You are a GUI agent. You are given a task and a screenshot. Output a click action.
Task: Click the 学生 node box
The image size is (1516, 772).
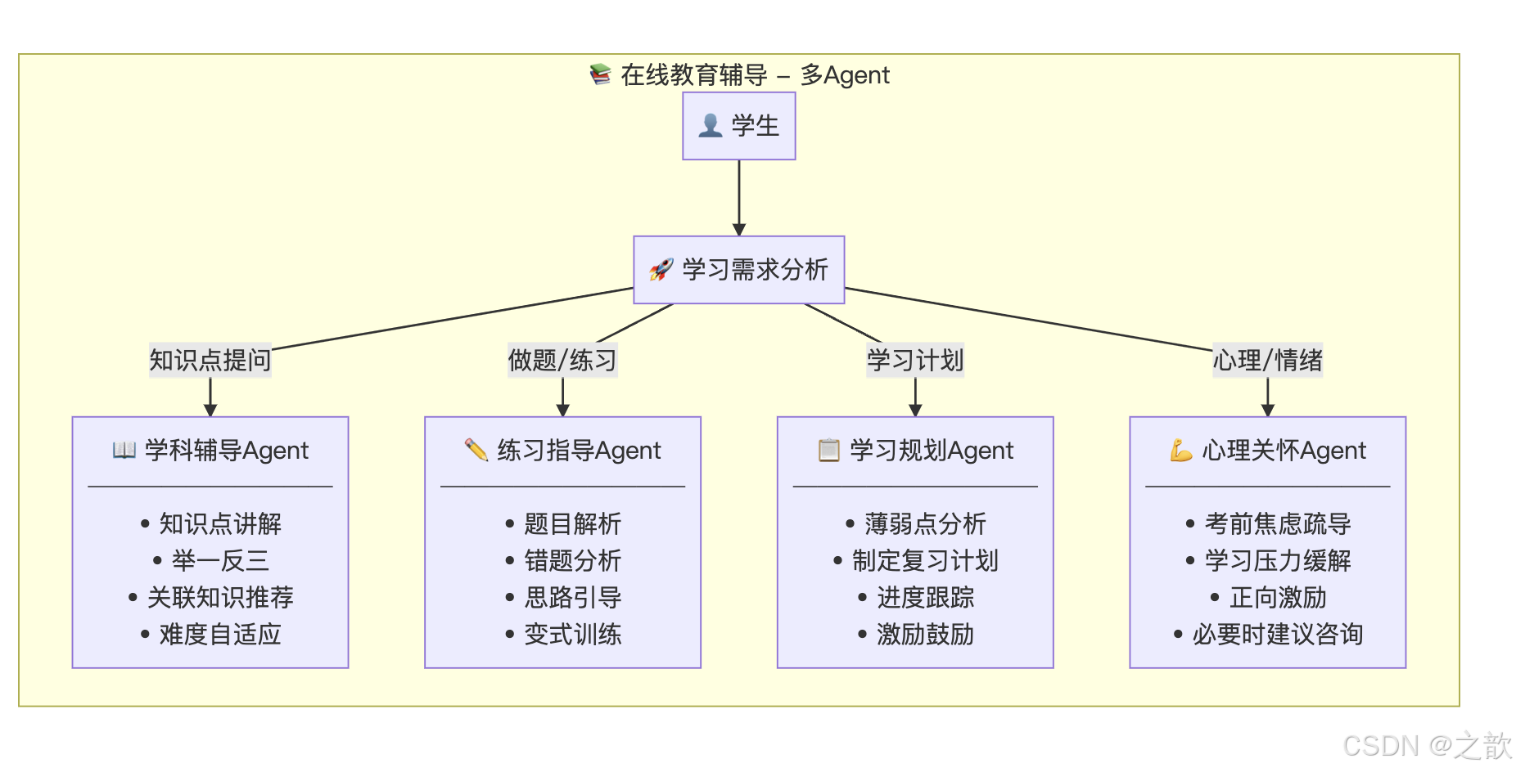(x=738, y=126)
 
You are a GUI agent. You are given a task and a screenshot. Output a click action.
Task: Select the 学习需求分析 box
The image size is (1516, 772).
(x=738, y=270)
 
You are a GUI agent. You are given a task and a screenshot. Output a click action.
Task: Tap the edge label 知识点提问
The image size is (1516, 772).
(x=210, y=360)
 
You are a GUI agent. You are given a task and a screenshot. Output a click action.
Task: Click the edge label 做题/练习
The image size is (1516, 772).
(x=562, y=360)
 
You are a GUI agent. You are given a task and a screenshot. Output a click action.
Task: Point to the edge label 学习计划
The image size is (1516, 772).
(x=915, y=360)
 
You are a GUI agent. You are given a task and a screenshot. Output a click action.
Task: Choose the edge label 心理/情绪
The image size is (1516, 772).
(x=1267, y=360)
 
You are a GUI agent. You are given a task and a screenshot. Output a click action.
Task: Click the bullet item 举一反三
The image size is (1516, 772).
(x=220, y=561)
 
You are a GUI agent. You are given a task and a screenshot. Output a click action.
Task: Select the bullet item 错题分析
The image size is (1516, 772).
(x=572, y=561)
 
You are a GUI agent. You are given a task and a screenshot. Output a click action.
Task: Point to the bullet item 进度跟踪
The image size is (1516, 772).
(x=925, y=598)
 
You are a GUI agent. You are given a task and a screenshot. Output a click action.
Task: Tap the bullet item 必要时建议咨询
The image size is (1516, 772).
(x=1277, y=635)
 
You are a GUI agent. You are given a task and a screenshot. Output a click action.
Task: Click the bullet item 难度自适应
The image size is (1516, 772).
(x=220, y=635)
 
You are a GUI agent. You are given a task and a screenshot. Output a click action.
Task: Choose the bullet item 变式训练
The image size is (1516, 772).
(x=572, y=635)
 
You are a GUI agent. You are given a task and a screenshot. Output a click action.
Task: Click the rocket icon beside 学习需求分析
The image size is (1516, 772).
(x=661, y=269)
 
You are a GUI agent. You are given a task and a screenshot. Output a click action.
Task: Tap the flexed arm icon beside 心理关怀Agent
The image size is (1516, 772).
(x=1180, y=451)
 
